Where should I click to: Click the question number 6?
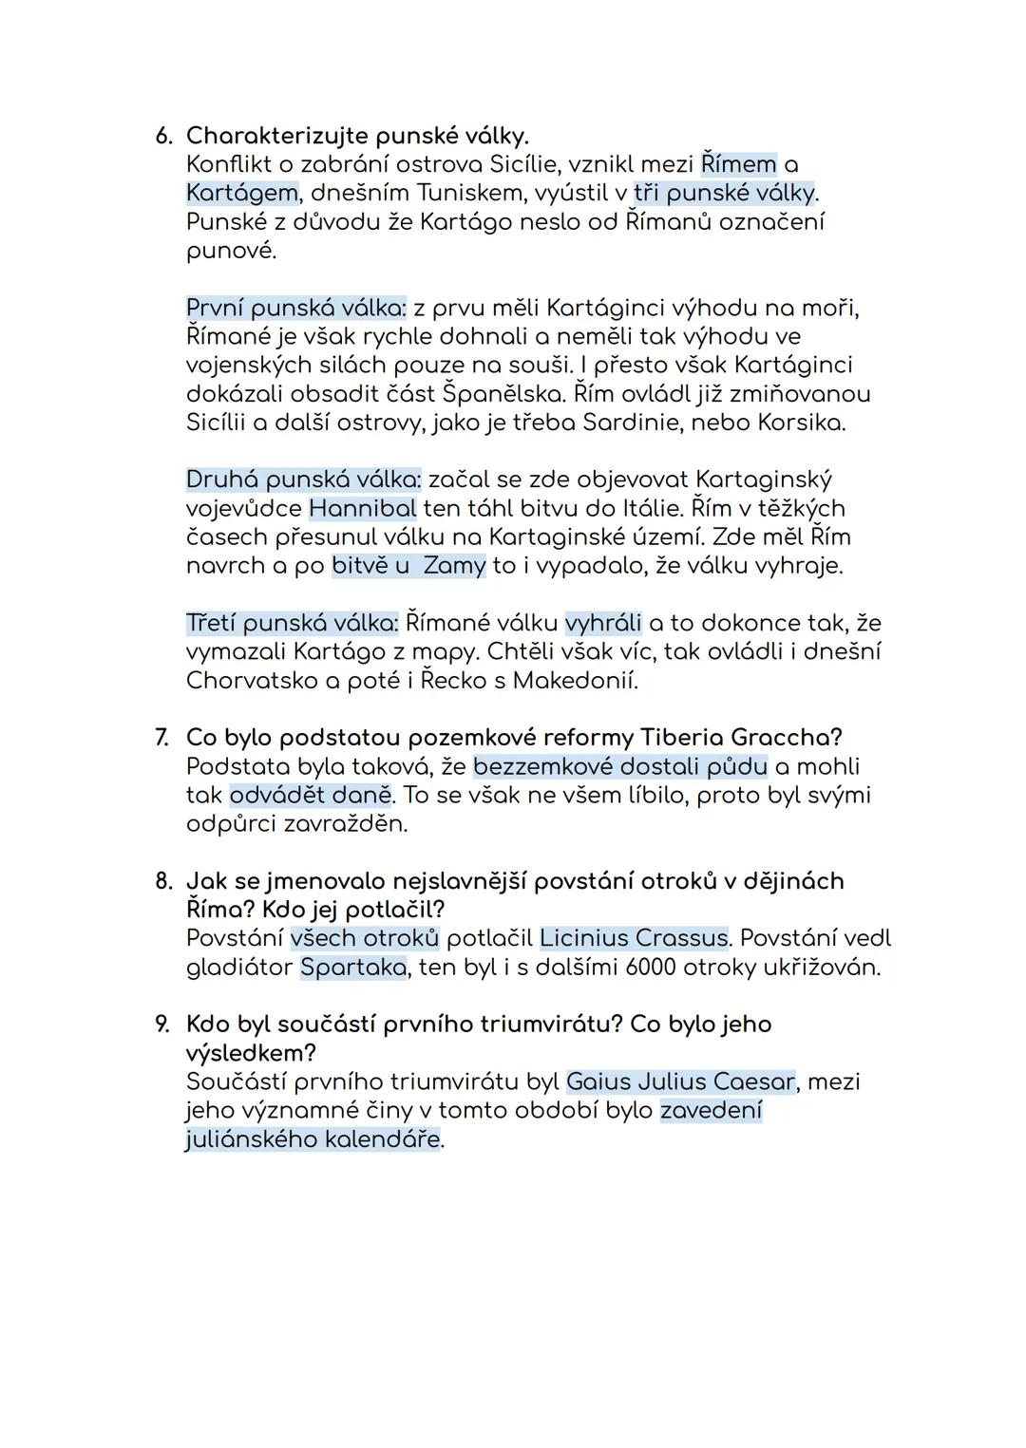[163, 136]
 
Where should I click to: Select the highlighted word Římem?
[738, 164]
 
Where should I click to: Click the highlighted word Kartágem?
[242, 193]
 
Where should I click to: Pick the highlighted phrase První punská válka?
[296, 308]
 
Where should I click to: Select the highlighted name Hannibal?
[362, 508]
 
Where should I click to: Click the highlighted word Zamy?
[454, 566]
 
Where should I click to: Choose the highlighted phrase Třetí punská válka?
[292, 623]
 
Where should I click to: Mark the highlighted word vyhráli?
[602, 623]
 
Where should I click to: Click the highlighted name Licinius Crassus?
[634, 938]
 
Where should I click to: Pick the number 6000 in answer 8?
[654, 968]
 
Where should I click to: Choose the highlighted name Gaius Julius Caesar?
[680, 1081]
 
